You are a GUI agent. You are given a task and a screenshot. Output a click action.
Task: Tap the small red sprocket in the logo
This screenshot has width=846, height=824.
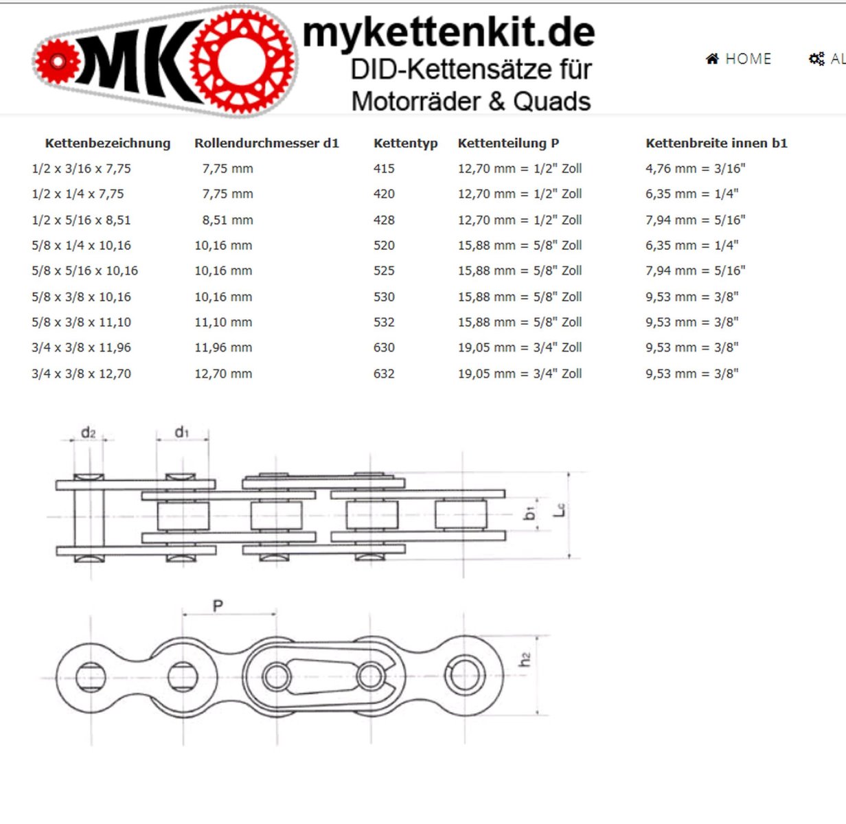[x=58, y=61]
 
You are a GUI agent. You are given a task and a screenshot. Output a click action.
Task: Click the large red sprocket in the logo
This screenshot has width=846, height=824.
[x=242, y=61]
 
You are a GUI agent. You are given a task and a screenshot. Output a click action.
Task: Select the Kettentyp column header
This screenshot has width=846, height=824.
[x=405, y=143]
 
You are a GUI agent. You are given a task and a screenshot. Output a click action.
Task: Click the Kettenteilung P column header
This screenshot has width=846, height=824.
[x=508, y=143]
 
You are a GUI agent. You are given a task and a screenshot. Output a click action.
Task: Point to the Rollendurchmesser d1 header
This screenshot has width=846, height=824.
[x=266, y=143]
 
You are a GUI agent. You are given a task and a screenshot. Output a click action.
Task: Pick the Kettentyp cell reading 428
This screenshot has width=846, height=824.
[x=384, y=220]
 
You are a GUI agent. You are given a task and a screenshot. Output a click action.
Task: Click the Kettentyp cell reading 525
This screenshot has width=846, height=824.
[x=384, y=271]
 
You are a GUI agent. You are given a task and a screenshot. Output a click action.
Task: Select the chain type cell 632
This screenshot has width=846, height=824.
[x=384, y=374]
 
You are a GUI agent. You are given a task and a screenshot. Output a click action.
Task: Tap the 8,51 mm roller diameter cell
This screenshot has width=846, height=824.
[x=227, y=220]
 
